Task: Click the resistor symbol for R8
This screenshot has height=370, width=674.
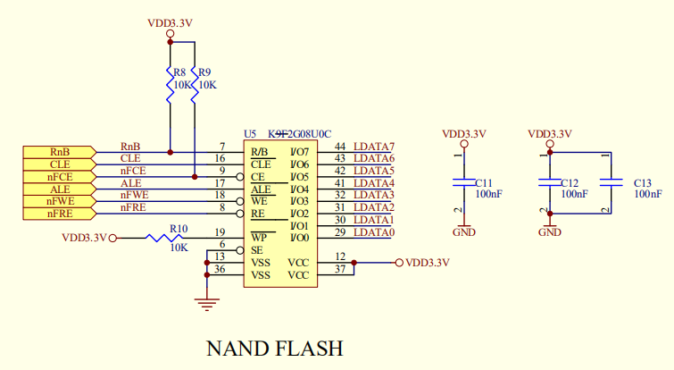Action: click(170, 85)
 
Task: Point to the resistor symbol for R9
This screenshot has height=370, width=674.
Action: click(195, 85)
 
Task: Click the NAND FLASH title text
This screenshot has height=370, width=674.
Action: click(274, 347)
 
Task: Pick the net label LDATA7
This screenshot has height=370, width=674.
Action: click(373, 147)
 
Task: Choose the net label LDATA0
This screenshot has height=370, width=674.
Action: click(373, 232)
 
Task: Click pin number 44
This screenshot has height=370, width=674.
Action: click(340, 147)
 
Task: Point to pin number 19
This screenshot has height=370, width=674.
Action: click(220, 232)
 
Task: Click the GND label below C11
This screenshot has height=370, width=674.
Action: click(463, 232)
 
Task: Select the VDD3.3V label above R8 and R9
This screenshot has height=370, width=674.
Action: click(170, 22)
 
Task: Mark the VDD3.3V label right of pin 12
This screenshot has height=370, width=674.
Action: click(427, 263)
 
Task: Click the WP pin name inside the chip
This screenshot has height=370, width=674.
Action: click(260, 238)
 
